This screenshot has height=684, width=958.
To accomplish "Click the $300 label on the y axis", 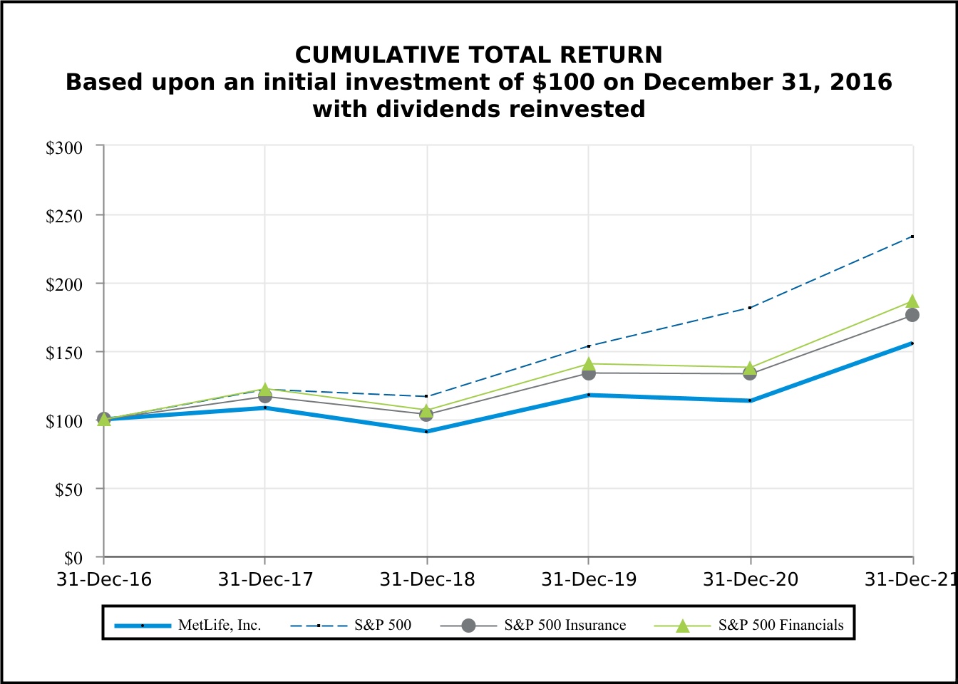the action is tap(64, 148).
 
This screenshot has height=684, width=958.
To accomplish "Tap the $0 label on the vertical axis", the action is tap(73, 559).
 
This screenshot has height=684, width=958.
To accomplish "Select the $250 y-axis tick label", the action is tap(64, 217).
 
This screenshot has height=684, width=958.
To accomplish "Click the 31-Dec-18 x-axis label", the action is tap(427, 580).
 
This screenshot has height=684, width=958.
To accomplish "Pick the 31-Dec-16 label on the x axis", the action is tap(104, 580).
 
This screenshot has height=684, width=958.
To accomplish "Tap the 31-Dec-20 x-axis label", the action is tap(751, 580).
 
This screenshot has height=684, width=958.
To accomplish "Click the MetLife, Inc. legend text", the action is tap(220, 625).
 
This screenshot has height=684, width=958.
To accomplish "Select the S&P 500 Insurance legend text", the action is tap(565, 625).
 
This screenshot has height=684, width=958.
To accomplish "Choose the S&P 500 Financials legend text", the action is tap(781, 625).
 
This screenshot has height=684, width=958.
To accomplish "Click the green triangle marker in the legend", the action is tap(683, 626).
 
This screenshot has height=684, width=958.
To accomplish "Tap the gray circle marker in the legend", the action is tap(468, 626).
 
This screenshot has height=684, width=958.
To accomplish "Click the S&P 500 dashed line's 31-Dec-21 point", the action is tap(912, 237).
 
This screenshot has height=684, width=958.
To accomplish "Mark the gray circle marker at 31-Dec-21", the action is tap(912, 315).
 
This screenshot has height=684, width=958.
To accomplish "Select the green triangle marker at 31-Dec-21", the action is tap(912, 301).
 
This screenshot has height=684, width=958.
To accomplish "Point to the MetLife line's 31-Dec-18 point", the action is tap(426, 432).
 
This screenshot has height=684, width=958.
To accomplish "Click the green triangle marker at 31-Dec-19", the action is tap(589, 364).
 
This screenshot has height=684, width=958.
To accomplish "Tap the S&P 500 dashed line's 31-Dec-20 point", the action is tap(750, 308).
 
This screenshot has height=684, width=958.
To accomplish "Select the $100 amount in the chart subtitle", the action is tap(563, 82).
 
